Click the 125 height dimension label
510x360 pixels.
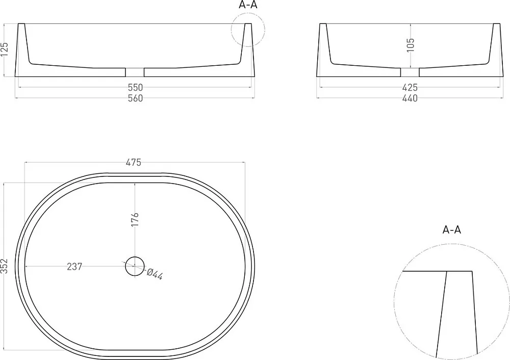pyautogui.click(x=5, y=50)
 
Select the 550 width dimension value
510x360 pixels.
pyautogui.click(x=135, y=88)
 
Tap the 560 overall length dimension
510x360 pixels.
pyautogui.click(x=135, y=98)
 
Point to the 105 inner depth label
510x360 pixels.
pyautogui.click(x=411, y=45)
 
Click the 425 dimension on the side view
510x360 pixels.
pyautogui.click(x=410, y=88)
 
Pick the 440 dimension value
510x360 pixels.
pyautogui.click(x=410, y=98)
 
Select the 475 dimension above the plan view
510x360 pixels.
pyautogui.click(x=133, y=162)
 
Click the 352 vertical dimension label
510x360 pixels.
pyautogui.click(x=4, y=266)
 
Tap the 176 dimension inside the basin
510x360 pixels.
pyautogui.click(x=135, y=220)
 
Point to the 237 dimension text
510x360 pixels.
pyautogui.click(x=74, y=267)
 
